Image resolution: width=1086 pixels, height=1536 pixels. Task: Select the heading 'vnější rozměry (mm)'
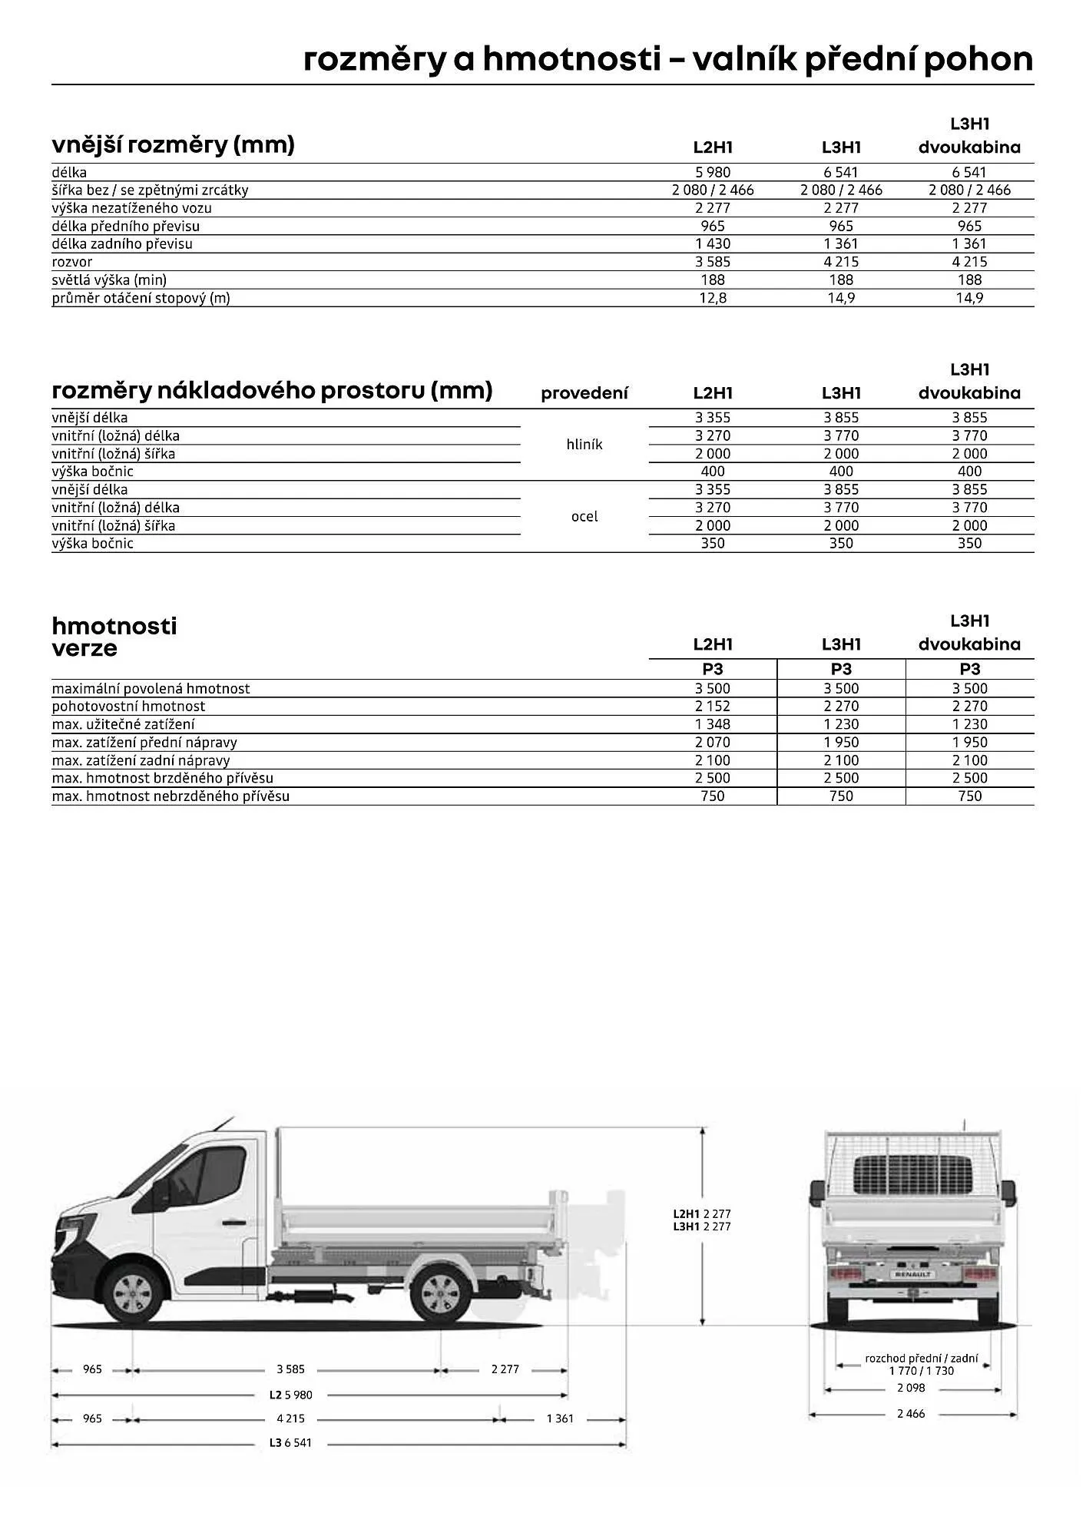(x=173, y=144)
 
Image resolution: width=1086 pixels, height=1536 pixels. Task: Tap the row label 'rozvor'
(x=72, y=262)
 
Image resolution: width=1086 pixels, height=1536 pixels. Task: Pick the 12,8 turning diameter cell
(x=713, y=298)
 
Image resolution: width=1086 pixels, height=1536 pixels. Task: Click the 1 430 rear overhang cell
(x=713, y=244)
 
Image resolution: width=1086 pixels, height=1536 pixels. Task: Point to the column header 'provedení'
(x=584, y=393)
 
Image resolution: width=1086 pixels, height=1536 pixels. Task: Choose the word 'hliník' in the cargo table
(x=584, y=445)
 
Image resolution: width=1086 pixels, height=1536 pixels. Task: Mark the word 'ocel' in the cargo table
(x=584, y=517)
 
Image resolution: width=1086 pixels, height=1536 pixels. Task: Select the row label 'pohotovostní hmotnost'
(x=128, y=707)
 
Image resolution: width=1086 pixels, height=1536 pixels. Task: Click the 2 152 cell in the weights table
(x=713, y=707)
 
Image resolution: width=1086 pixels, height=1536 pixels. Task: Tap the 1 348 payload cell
(x=713, y=724)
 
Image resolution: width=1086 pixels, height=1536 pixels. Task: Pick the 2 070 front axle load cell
(x=713, y=743)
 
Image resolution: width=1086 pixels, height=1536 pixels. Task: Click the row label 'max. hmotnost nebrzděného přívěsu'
(x=171, y=796)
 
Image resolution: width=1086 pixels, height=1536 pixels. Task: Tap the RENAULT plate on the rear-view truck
(x=912, y=1274)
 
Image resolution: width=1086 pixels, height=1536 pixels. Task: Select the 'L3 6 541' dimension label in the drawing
(x=290, y=1443)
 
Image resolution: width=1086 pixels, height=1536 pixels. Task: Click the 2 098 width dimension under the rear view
(x=911, y=1388)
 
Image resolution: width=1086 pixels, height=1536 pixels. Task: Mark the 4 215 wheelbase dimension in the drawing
(x=290, y=1418)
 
